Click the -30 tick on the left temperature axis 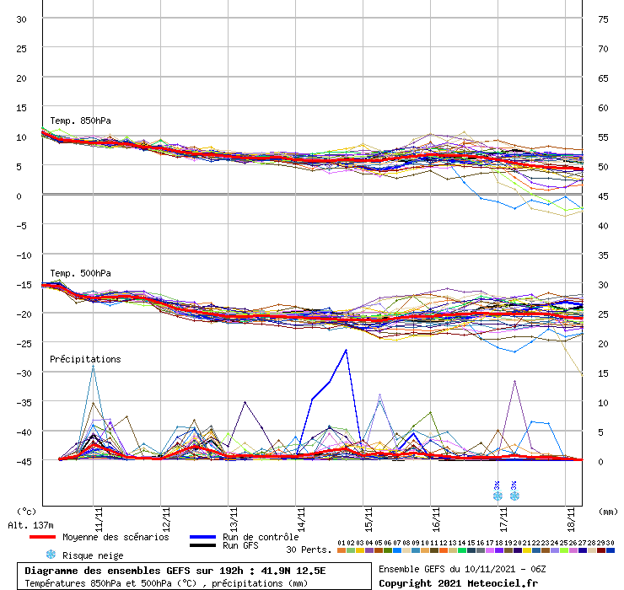point(24,373)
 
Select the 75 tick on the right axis point(603,19)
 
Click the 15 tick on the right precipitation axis point(603,373)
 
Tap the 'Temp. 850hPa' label point(80,121)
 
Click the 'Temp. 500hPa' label point(80,273)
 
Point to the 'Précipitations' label point(85,359)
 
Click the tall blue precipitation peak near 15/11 point(346,351)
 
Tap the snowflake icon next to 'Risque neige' point(51,555)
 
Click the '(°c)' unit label point(27,511)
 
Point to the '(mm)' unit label point(608,511)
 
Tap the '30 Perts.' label point(309,550)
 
